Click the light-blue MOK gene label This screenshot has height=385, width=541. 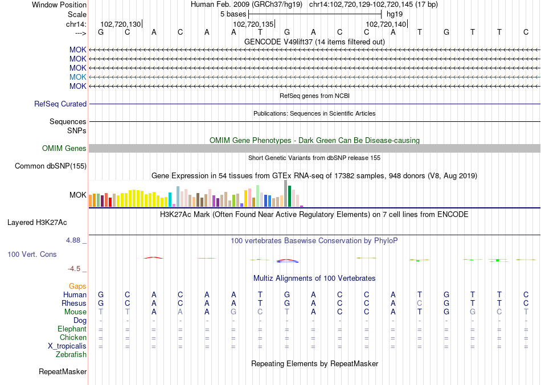click(78, 77)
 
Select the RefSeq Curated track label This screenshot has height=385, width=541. click(60, 104)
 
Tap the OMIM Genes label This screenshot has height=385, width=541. click(64, 149)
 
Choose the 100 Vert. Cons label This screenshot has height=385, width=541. click(32, 254)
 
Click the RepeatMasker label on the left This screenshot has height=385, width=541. click(63, 372)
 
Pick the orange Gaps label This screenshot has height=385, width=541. click(77, 286)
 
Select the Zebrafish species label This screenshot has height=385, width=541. click(72, 355)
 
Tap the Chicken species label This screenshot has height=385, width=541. click(73, 338)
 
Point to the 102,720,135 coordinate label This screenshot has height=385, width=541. click(253, 24)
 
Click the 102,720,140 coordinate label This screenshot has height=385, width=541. click(386, 24)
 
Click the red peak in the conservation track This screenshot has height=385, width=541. click(154, 257)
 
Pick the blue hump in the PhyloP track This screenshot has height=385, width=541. click(288, 261)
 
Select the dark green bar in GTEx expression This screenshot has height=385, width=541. click(289, 196)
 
